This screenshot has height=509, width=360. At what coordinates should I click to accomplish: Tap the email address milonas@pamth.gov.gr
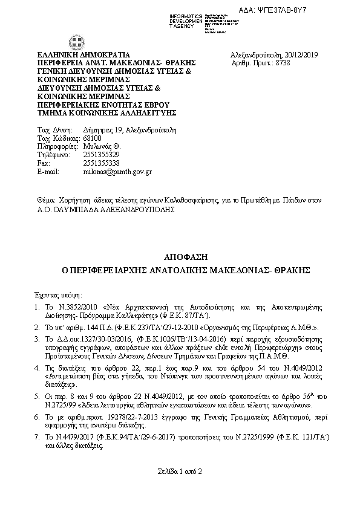117,172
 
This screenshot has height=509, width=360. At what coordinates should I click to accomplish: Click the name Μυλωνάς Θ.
102,146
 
